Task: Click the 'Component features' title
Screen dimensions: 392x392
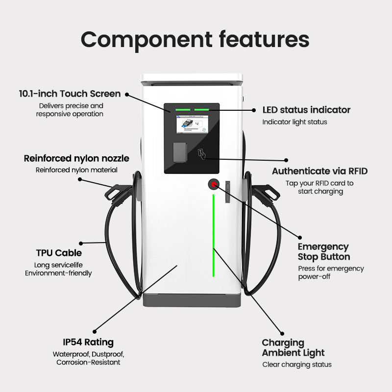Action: click(x=195, y=40)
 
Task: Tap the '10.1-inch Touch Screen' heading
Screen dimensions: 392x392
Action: click(x=70, y=94)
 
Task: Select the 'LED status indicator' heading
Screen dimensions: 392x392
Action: click(x=306, y=110)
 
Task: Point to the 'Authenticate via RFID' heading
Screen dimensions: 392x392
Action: click(x=320, y=171)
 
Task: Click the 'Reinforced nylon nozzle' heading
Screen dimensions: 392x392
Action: click(x=76, y=158)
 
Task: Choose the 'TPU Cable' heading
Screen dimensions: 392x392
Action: click(x=59, y=253)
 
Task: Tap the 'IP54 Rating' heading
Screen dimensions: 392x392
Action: click(x=88, y=343)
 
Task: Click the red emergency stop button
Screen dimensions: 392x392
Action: click(x=214, y=185)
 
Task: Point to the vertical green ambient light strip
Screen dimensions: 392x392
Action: click(x=213, y=236)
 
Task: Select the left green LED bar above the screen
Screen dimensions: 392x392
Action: click(x=183, y=110)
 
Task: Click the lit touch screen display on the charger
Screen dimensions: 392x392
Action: click(x=192, y=124)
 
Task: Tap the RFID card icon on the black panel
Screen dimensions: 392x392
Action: click(x=202, y=154)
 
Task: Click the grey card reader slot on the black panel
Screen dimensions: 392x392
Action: click(x=180, y=152)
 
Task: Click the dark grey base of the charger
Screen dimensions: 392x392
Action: click(x=192, y=300)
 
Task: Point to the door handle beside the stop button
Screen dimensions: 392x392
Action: click(x=227, y=192)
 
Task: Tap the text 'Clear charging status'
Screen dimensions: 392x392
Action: click(x=297, y=365)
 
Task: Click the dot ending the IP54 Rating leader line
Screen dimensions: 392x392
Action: click(x=95, y=332)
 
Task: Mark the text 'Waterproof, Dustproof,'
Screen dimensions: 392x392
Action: click(x=89, y=354)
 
